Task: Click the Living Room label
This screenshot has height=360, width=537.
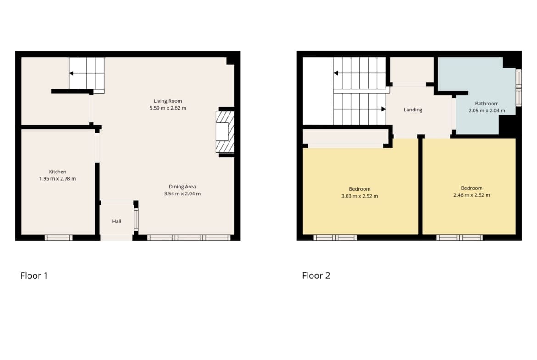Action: [168, 101]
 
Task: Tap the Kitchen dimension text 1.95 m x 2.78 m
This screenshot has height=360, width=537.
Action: [57, 179]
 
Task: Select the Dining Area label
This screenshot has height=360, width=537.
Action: [182, 187]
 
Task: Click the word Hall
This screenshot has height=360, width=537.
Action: [117, 221]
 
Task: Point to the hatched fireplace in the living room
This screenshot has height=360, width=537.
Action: [225, 132]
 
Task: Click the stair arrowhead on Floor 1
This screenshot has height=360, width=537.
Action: [71, 73]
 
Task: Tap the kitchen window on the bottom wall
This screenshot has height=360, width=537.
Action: [58, 238]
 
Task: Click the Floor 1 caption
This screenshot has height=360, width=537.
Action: [34, 276]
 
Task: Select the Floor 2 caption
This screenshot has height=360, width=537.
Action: [316, 276]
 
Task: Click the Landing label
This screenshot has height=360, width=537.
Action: [413, 110]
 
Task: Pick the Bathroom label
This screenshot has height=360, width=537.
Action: [487, 103]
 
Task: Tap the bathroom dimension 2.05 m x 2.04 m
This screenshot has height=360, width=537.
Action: [487, 111]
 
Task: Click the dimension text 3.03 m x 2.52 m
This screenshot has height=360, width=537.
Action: [359, 196]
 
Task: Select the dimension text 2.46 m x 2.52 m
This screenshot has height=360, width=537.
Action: [471, 195]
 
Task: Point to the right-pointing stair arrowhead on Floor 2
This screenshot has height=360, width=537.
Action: [384, 109]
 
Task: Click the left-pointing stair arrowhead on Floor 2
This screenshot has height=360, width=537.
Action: [336, 73]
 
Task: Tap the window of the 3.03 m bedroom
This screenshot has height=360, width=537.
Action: [336, 238]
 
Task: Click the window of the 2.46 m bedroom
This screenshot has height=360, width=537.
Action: [459, 238]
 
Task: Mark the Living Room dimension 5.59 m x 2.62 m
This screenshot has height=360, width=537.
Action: [168, 108]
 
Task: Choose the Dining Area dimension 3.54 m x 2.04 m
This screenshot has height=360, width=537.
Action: [182, 194]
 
